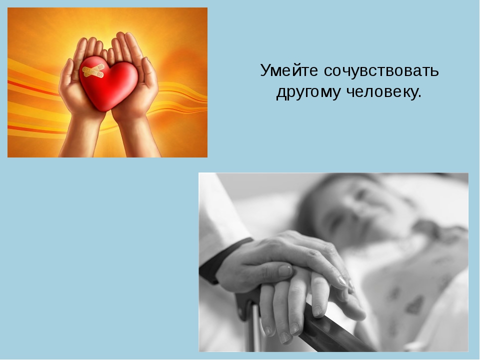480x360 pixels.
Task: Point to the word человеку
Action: point(380,93)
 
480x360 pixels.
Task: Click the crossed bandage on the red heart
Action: point(93,72)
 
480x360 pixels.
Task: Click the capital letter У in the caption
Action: point(264,71)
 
